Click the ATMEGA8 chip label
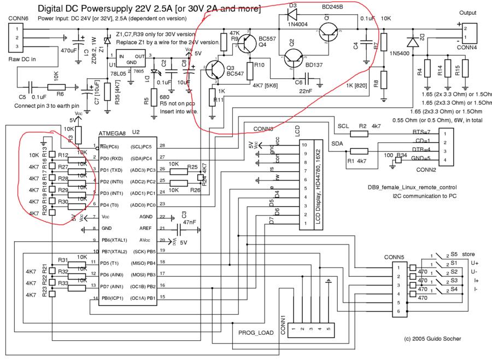[x=112, y=133]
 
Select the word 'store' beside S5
[x=468, y=254]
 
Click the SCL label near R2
[x=343, y=126]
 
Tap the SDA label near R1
[x=338, y=142]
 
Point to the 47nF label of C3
[x=190, y=223]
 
